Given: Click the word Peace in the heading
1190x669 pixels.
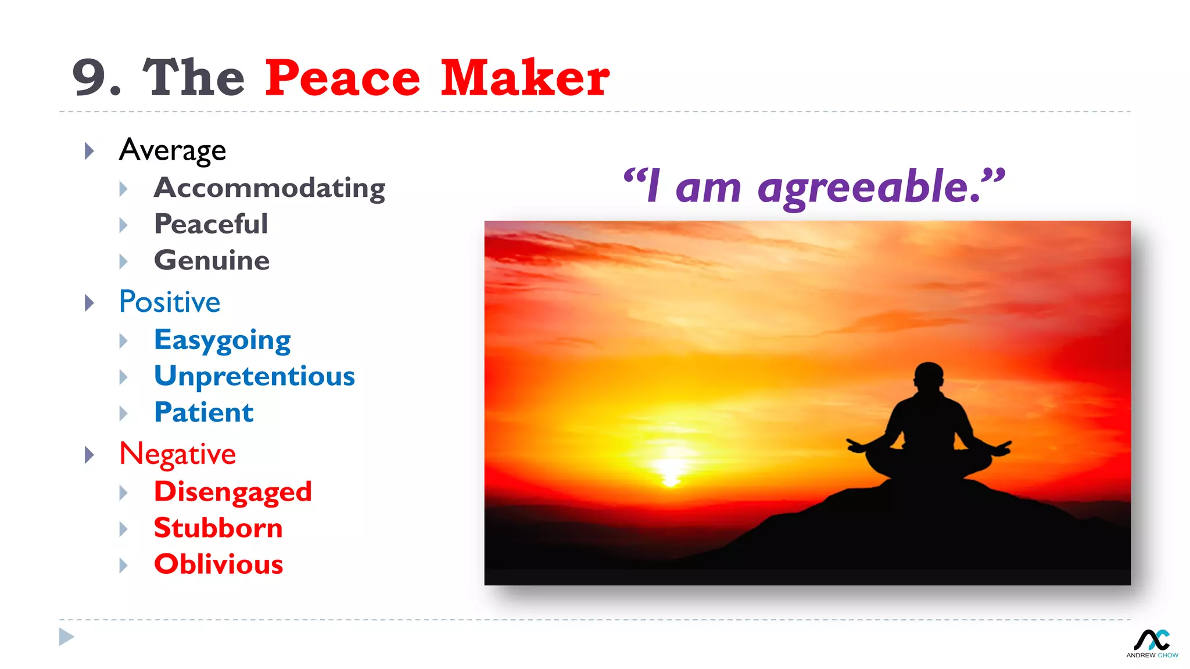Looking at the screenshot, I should coord(342,78).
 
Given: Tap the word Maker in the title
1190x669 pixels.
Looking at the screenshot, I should coord(525,78).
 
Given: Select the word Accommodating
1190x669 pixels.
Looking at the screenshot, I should coord(269,188).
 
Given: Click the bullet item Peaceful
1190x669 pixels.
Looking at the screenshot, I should coord(211,224).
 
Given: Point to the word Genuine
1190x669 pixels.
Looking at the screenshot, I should coord(212,260).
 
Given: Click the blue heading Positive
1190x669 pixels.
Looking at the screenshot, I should coord(170,302).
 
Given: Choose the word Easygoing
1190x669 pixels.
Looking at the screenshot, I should coord(222,340).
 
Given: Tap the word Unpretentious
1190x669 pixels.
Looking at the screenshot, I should coord(254,376).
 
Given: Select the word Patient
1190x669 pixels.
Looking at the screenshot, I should coord(203,412).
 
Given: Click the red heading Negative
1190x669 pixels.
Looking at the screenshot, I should coord(177,454).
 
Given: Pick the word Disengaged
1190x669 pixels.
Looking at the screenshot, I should coord(232,492).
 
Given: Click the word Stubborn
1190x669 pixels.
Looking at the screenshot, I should coord(218,528).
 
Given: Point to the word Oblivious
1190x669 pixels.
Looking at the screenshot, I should coord(218,564).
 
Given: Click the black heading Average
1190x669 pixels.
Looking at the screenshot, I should coord(172,150).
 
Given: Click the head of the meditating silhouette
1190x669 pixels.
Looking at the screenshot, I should coord(929,377).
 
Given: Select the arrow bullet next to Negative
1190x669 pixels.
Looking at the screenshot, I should coord(89,455).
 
